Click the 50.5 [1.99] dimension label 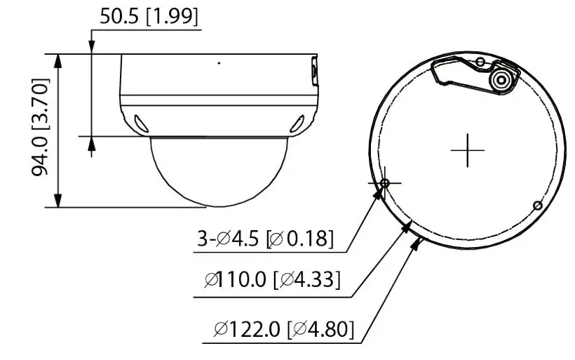(149, 17)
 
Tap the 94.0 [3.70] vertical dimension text (41, 128)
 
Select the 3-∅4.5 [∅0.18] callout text (265, 239)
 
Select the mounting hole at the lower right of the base (536, 205)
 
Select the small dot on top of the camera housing (218, 63)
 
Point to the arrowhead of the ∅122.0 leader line (418, 243)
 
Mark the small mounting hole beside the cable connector (480, 62)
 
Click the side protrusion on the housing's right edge (313, 73)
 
